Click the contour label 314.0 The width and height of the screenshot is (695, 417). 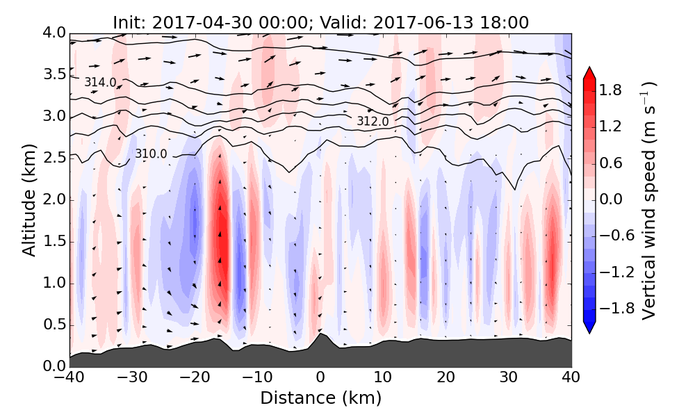(x=100, y=83)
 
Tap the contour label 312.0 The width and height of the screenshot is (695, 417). (x=373, y=122)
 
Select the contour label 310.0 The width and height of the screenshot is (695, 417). (x=151, y=154)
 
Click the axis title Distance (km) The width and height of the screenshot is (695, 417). (x=320, y=398)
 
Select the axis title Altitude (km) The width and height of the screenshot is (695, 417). (x=28, y=200)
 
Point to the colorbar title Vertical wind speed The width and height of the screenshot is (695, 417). (x=648, y=200)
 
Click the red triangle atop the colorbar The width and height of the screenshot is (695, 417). (x=589, y=72)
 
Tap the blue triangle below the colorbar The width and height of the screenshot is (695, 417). (x=589, y=327)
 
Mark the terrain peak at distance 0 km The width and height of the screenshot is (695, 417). (x=320, y=335)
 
